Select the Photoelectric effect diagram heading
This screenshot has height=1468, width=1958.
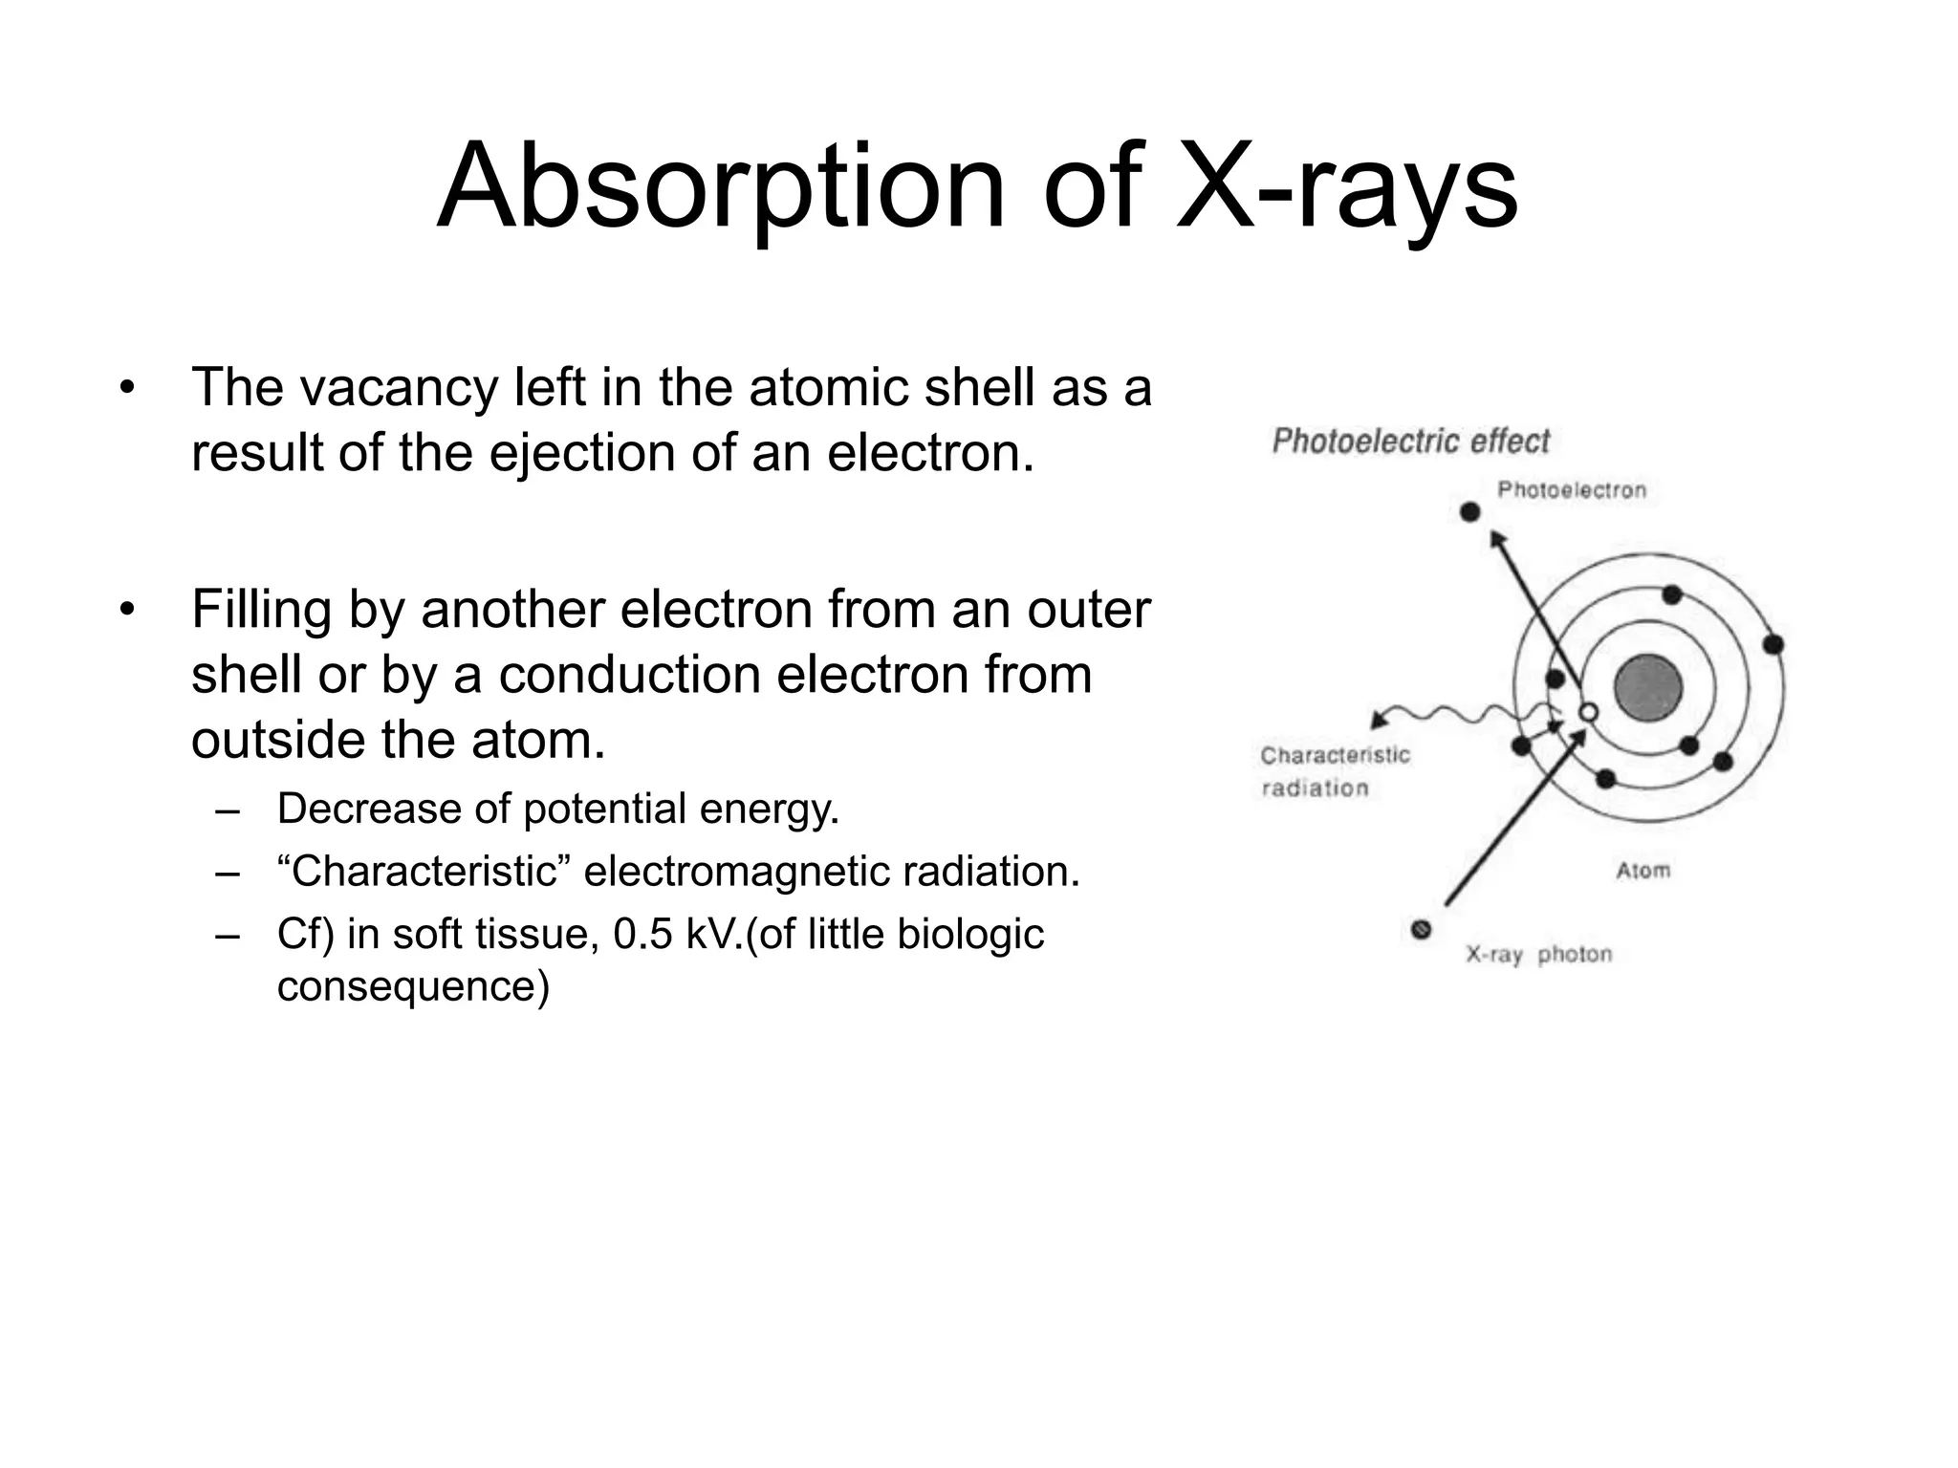click(x=1410, y=441)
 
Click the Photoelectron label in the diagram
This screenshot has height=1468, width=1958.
click(x=1572, y=490)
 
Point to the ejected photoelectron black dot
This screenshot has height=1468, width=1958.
click(x=1470, y=512)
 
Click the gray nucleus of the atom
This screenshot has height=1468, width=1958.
click(x=1648, y=688)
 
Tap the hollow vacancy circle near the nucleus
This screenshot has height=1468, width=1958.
click(x=1588, y=712)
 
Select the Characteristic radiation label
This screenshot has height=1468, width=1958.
click(x=1335, y=771)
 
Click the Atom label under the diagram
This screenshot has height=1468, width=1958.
click(x=1643, y=871)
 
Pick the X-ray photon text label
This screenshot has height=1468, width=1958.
click(x=1539, y=955)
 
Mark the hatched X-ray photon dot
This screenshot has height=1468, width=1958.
click(x=1422, y=929)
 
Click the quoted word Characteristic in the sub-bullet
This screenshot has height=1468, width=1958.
click(x=424, y=872)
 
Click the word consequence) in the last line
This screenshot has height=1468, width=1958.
click(x=413, y=985)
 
